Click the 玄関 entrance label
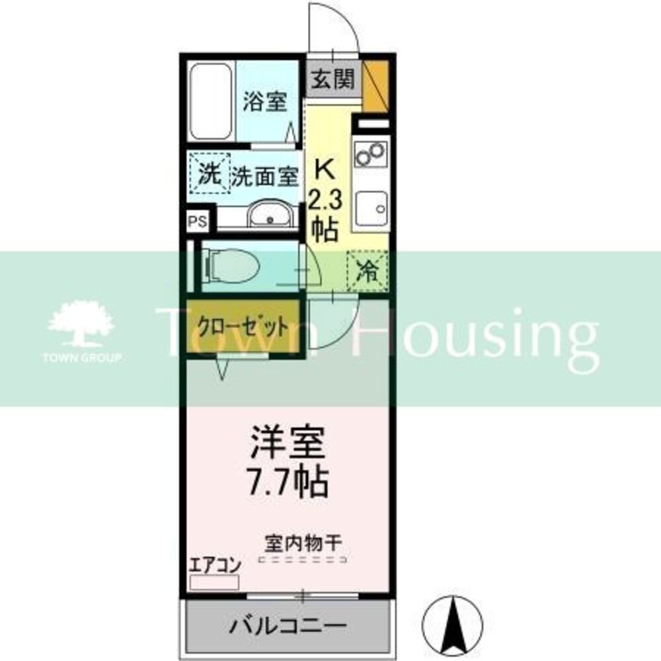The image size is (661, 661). pyautogui.click(x=333, y=80)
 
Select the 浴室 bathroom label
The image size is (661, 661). pyautogui.click(x=264, y=102)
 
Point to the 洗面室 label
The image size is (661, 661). pyautogui.click(x=265, y=176)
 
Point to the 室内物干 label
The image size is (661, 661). pyautogui.click(x=303, y=544)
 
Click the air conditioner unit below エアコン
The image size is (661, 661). pyautogui.click(x=214, y=582)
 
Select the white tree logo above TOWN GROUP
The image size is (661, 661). pyautogui.click(x=81, y=324)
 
